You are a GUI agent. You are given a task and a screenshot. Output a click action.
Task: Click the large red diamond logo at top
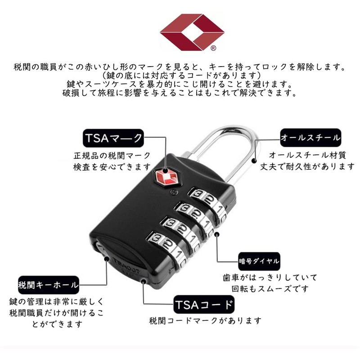pos(192,31)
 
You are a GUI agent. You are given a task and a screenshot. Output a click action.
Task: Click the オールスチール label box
pos(310,137)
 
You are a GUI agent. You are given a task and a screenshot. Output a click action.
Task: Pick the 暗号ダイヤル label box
pos(259,261)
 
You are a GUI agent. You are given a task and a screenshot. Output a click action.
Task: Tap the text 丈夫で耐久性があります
pos(308,166)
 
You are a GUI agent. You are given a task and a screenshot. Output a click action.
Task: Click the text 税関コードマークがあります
pos(205,321)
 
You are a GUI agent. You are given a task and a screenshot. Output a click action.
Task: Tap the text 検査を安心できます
pos(112,167)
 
